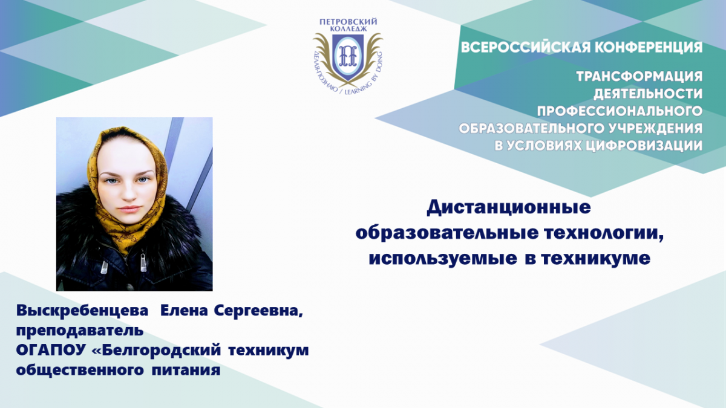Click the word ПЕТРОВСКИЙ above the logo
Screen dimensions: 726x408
[348, 22]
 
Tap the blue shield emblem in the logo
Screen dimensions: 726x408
[348, 57]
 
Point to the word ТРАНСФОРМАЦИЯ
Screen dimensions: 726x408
[639, 76]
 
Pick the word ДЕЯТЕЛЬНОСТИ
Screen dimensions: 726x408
[648, 94]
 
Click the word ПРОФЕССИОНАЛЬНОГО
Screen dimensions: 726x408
[620, 111]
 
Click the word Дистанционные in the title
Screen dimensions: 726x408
[509, 207]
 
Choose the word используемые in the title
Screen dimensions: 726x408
[443, 259]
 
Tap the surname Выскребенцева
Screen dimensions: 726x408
[82, 311]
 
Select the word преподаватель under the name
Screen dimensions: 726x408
[80, 331]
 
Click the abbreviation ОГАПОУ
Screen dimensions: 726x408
[51, 350]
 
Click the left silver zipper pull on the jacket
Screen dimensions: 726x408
[104, 267]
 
